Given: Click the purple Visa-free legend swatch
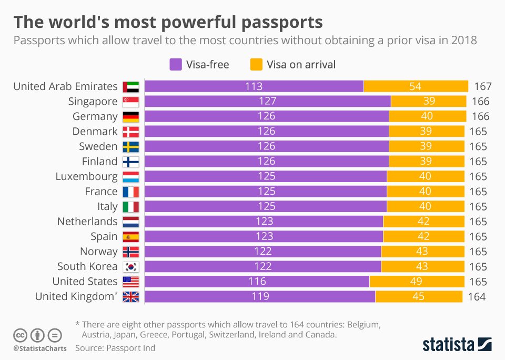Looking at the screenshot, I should [175, 65].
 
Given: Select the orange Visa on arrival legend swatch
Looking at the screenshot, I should [256, 65].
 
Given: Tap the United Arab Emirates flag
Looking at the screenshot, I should [130, 86].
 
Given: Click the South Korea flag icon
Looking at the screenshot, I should [130, 266].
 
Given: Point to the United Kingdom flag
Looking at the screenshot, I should [130, 296].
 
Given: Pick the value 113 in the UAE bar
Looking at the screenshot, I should [254, 86].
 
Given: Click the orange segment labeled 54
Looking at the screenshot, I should [416, 86].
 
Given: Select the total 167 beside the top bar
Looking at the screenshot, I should [482, 86].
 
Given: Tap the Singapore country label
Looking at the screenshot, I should [93, 102].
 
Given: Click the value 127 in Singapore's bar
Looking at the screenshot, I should [267, 102].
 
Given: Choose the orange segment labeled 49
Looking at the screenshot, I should [416, 282].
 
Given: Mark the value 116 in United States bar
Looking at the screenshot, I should [257, 282].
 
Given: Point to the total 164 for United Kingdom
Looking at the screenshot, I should [477, 297].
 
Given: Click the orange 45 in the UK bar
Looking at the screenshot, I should [418, 297].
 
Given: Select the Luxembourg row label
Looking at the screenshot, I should [86, 176].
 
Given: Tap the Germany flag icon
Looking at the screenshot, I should [130, 116].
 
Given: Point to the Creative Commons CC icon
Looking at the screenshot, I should [20, 334].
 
